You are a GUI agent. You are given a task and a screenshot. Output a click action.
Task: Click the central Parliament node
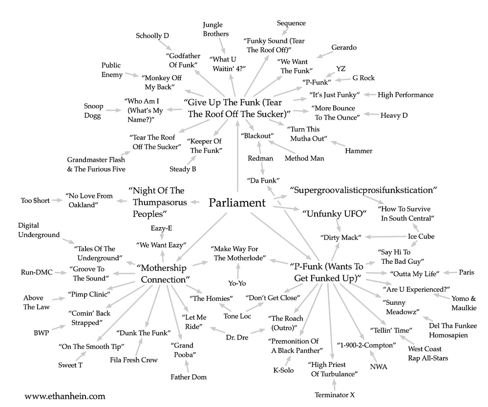(237, 202)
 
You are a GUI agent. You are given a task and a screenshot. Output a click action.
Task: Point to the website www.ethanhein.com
(64, 395)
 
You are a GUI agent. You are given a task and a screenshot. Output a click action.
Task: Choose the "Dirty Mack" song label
(341, 237)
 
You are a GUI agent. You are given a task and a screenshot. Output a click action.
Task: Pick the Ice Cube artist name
(421, 236)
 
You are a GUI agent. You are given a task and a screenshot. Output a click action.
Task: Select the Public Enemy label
(111, 70)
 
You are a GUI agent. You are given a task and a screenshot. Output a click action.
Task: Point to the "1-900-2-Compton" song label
(366, 345)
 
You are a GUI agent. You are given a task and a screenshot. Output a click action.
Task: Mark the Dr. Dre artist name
(237, 337)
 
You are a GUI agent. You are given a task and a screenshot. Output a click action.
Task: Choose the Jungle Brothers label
(215, 30)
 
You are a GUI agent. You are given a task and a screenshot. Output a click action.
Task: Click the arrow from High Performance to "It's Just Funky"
(369, 94)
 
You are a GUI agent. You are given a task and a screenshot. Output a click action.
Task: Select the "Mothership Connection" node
(163, 274)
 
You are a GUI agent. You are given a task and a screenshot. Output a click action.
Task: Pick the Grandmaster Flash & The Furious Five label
(96, 164)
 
